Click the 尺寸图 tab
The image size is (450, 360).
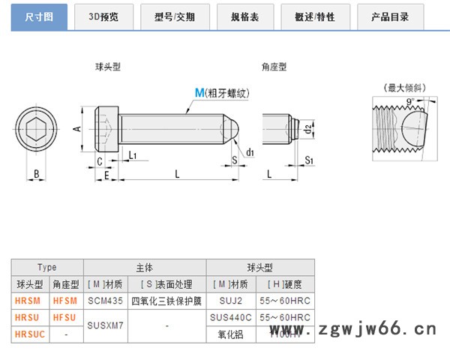pyautogui.click(x=38, y=16)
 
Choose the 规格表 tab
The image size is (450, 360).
pyautogui.click(x=244, y=16)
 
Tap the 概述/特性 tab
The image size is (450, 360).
pyautogui.click(x=316, y=16)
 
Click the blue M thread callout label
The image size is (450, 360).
pyautogui.click(x=199, y=93)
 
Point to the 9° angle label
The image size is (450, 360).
pyautogui.click(x=409, y=100)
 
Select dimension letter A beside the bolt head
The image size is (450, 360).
pyautogui.click(x=77, y=129)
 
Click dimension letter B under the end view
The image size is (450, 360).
pyautogui.click(x=36, y=175)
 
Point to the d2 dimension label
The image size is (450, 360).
pyautogui.click(x=308, y=130)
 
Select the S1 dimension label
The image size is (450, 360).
pyautogui.click(x=310, y=161)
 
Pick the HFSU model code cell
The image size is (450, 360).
pyautogui.click(x=65, y=317)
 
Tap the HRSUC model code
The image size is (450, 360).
pyautogui.click(x=29, y=334)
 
